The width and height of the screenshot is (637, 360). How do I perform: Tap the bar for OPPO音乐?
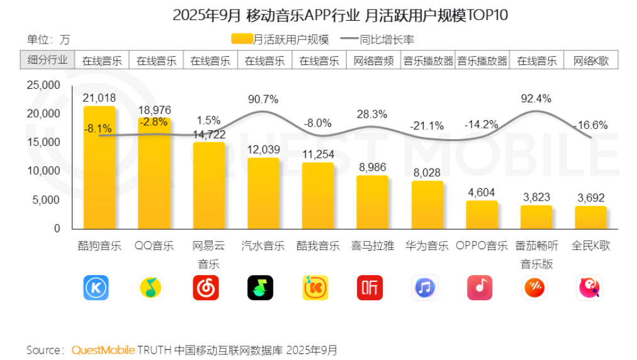tap(482, 215)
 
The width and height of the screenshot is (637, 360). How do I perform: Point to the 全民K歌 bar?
tap(590, 217)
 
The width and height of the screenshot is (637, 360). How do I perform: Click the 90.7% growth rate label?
tap(263, 99)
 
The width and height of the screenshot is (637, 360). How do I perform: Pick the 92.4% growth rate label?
tap(536, 98)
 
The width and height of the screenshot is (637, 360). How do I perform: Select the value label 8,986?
tap(373, 167)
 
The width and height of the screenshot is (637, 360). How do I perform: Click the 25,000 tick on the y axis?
tap(43, 85)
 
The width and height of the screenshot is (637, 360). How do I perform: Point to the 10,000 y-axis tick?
tap(43, 171)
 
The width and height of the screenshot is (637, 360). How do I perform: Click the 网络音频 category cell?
tap(373, 60)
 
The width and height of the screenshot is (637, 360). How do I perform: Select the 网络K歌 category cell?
tap(591, 60)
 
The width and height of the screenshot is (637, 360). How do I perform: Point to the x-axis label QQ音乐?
tap(154, 246)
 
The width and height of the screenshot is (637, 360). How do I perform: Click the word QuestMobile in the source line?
tap(103, 349)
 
